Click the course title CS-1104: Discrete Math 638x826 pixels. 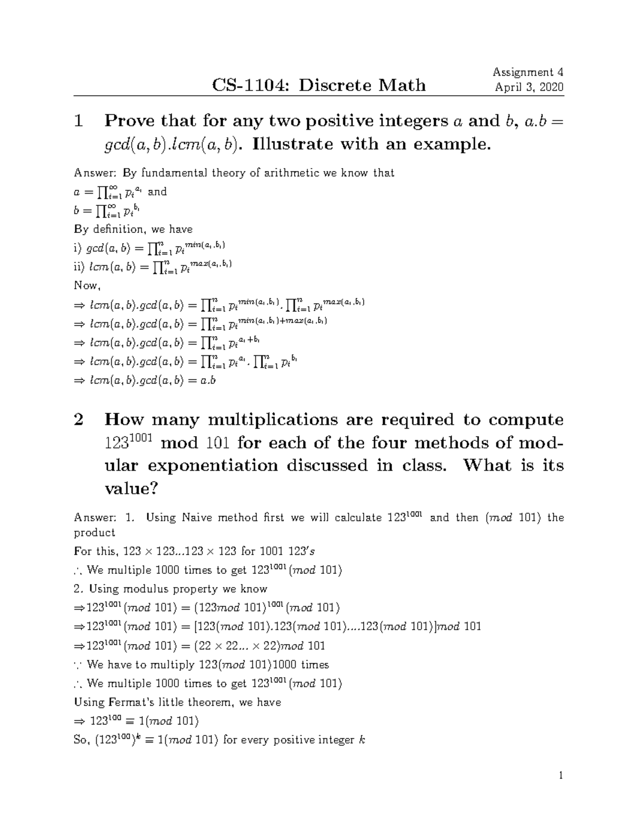[x=319, y=85]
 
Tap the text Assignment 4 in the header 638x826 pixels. [x=528, y=72]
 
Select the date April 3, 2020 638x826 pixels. [x=529, y=87]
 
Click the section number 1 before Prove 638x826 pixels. [x=79, y=121]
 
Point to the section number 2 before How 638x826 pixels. [x=79, y=420]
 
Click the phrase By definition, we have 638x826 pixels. [x=133, y=229]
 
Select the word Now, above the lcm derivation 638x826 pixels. [x=87, y=286]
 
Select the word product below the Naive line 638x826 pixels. [x=94, y=532]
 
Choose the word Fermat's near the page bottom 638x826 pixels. [x=127, y=702]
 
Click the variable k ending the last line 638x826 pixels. [x=363, y=740]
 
